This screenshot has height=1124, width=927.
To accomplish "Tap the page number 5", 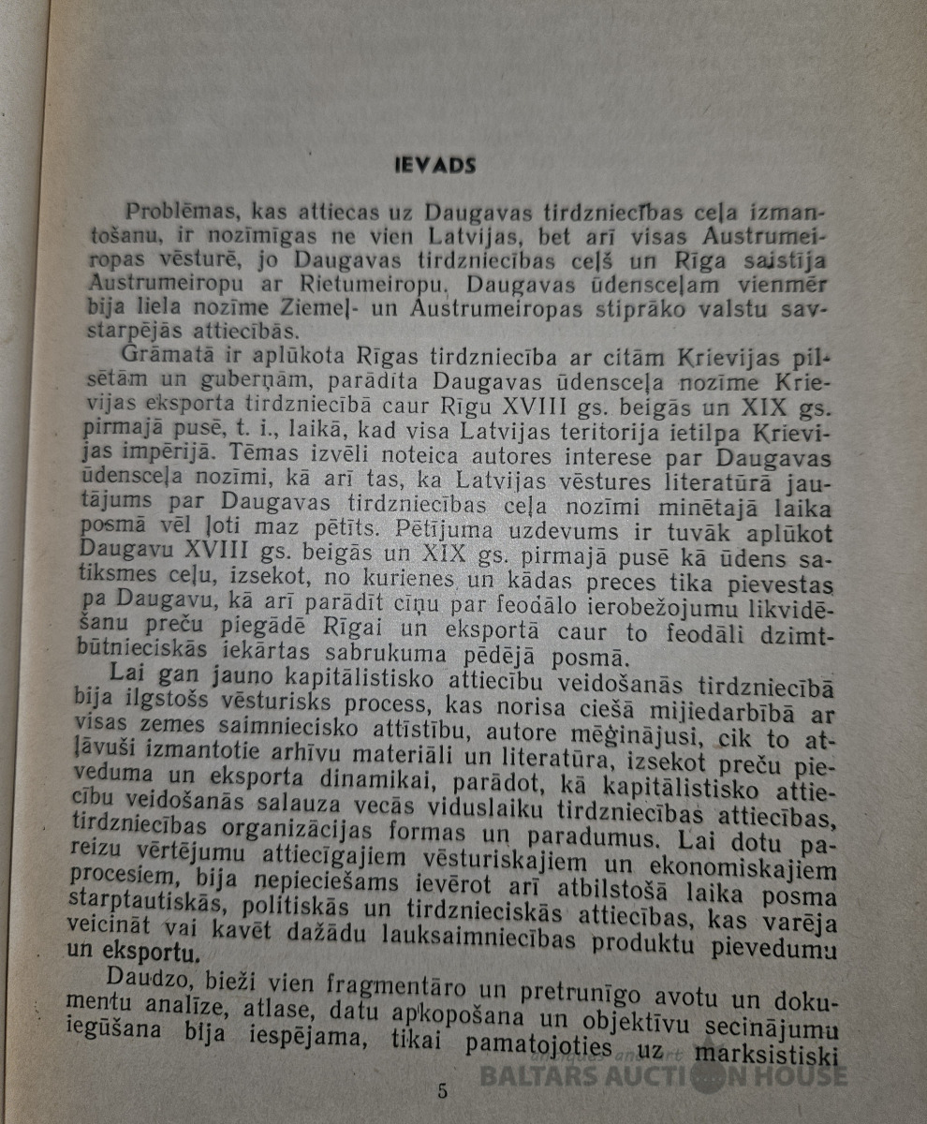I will (442, 1091).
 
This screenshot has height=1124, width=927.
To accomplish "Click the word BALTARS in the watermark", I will (537, 1075).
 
